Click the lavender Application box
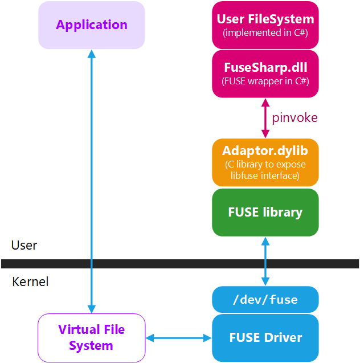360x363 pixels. pyautogui.click(x=91, y=25)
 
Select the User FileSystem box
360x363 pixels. pyautogui.click(x=265, y=25)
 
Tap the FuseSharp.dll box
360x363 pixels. pyautogui.click(x=265, y=74)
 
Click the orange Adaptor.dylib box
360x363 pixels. pyautogui.click(x=265, y=162)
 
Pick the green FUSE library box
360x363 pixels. pyautogui.click(x=265, y=213)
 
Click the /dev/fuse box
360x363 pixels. pyautogui.click(x=265, y=299)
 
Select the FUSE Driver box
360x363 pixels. pyautogui.click(x=265, y=337)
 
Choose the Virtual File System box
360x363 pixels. pyautogui.click(x=91, y=337)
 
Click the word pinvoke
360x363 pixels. pyautogui.click(x=294, y=118)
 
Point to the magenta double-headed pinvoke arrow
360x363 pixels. pyautogui.click(x=265, y=118)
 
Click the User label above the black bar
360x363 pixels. pyautogui.click(x=24, y=246)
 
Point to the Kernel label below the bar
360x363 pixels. pyautogui.click(x=30, y=282)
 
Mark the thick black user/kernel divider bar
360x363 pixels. pyautogui.click(x=180, y=264)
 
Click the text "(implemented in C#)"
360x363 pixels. pyautogui.click(x=265, y=32)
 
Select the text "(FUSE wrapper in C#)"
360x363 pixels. pyautogui.click(x=265, y=81)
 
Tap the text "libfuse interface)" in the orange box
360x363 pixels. pyautogui.click(x=265, y=176)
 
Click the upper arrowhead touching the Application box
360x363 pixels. pyautogui.click(x=91, y=54)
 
